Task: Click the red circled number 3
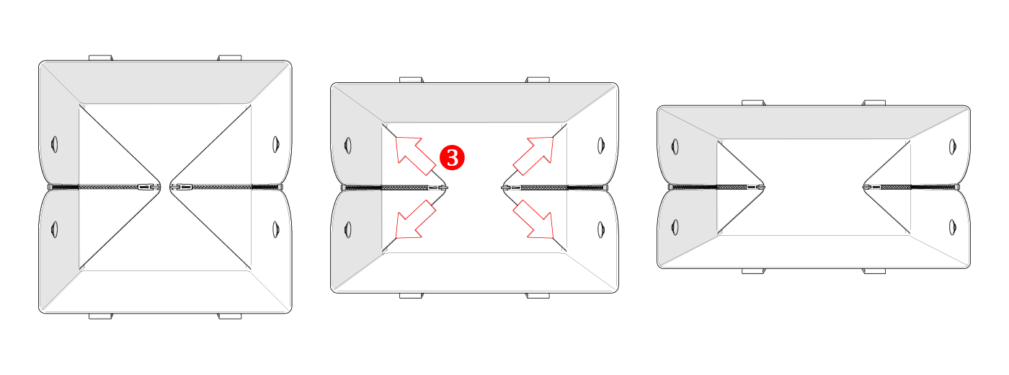(x=452, y=157)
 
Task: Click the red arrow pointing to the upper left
(x=415, y=156)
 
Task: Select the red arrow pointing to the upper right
(x=533, y=156)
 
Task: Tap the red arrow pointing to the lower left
(x=415, y=219)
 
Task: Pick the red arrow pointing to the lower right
(x=533, y=219)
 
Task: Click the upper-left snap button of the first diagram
(x=55, y=144)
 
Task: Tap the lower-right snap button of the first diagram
(x=275, y=229)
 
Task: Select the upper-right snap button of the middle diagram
(x=601, y=146)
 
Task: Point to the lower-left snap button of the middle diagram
(x=347, y=229)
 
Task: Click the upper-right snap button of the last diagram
(x=952, y=147)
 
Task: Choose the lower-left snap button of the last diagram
(x=675, y=227)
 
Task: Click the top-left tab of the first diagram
(x=100, y=58)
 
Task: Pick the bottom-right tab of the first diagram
(x=230, y=317)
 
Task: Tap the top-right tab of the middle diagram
(x=538, y=80)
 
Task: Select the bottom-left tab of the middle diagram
(x=412, y=296)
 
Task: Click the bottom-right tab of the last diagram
(x=874, y=271)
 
